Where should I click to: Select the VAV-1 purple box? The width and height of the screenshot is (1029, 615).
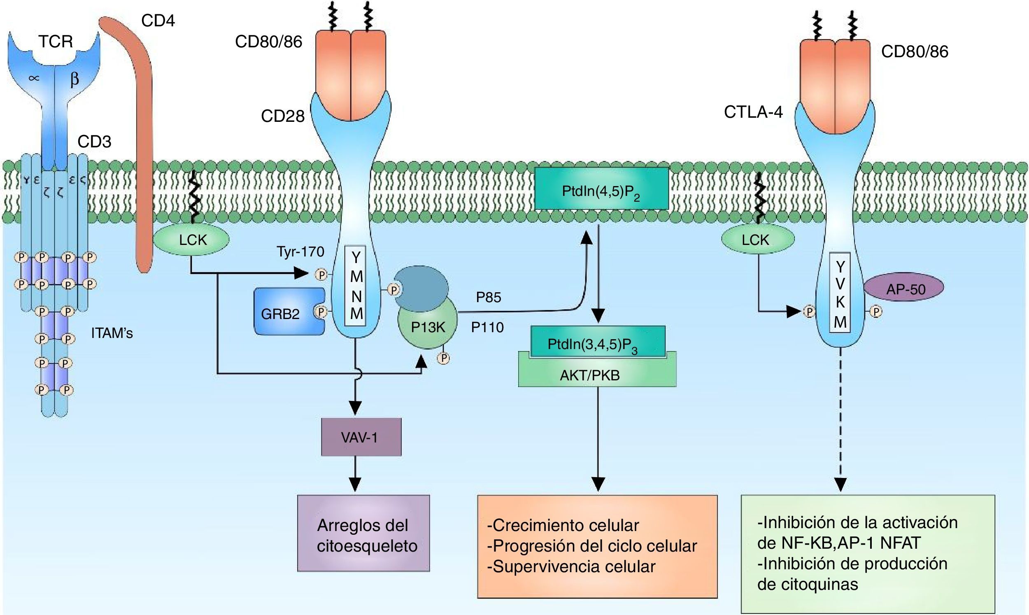pos(361,437)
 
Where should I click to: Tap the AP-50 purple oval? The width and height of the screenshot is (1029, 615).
pos(906,289)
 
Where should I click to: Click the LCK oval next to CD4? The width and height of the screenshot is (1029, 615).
pos(193,240)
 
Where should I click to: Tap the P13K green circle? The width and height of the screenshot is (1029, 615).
pos(428,327)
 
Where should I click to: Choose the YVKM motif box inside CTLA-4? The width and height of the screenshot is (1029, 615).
pos(840,292)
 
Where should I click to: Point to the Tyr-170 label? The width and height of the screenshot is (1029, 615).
pos(300,252)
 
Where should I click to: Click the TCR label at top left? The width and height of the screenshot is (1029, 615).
pos(56,42)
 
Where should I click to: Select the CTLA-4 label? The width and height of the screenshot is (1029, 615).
pos(753,112)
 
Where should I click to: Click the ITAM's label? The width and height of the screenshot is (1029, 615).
pos(112,333)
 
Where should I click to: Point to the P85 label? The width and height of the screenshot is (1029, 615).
pos(489,297)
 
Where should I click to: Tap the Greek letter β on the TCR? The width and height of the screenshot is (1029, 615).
pos(74,79)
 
